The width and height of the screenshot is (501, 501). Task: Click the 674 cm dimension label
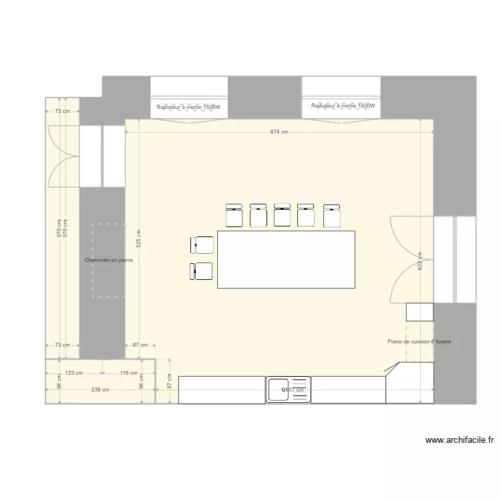coord(279,132)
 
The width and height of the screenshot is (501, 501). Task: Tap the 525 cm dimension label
coord(138,238)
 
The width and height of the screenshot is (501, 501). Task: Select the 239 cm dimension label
coord(100,390)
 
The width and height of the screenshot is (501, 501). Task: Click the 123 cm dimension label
coord(74,373)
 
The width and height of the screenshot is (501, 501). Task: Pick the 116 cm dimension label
coord(128,373)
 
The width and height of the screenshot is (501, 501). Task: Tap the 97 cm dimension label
coord(169,381)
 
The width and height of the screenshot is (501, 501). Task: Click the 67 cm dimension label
coord(140,345)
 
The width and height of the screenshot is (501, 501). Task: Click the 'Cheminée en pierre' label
coord(109,260)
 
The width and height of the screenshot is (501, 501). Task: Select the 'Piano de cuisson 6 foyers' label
coord(419,341)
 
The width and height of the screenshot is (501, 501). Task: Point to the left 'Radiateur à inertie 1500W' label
coord(188,107)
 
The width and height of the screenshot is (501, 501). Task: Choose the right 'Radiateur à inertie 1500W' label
coord(343,106)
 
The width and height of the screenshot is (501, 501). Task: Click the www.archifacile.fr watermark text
coord(459,440)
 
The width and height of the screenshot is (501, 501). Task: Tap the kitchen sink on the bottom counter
coord(289,389)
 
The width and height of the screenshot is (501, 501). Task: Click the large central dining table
coord(286,259)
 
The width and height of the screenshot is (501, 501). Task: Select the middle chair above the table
coord(282,215)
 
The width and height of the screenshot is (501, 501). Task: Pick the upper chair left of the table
coord(202,245)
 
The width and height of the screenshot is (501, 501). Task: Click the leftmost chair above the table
coord(234,215)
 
